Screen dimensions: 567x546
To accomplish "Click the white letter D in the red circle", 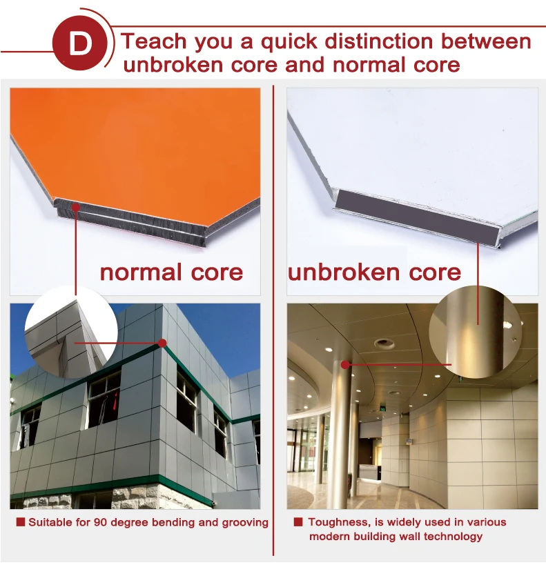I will (81, 45).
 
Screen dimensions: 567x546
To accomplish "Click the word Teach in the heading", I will (152, 41).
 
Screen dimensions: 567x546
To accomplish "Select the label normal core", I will (171, 272).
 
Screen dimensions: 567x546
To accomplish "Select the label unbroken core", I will (374, 272).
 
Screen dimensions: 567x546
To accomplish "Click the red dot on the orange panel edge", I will (75, 206).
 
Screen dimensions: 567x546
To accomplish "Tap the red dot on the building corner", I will (162, 342).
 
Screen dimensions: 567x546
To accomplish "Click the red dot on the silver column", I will (346, 364).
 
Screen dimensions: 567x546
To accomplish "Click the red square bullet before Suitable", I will (20, 522).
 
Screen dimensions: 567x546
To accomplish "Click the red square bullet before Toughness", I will (298, 522).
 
